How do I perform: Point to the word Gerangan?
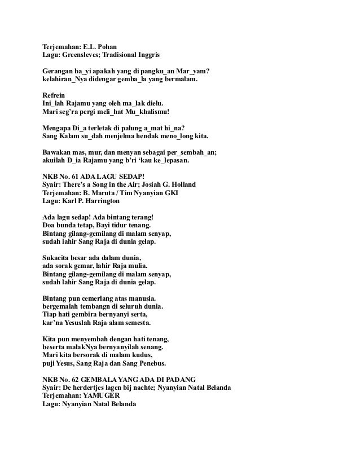click(x=60, y=72)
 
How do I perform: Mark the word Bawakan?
click(x=59, y=152)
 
